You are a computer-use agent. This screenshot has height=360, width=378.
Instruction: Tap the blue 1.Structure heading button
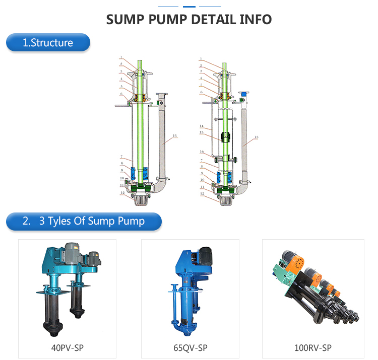coord(48,42)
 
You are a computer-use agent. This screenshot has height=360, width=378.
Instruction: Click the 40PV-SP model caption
coord(67,348)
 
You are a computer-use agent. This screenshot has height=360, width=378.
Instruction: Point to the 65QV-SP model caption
coord(190,348)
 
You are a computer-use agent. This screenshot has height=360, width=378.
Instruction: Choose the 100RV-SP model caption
coord(312,348)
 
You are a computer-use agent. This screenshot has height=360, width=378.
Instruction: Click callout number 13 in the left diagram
coord(175,136)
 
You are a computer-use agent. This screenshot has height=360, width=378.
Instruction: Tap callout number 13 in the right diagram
coord(256,137)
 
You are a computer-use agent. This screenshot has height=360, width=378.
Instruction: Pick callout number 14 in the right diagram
coord(202,126)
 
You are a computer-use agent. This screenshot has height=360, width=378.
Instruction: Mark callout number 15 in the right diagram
coord(202,132)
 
